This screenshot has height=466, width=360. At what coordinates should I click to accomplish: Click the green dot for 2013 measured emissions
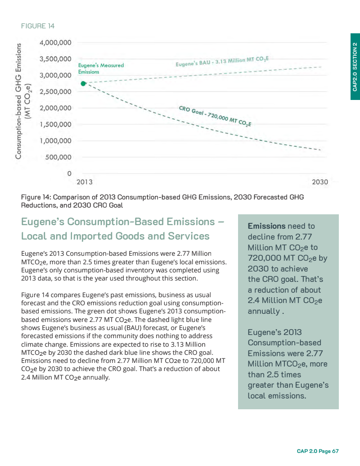83,83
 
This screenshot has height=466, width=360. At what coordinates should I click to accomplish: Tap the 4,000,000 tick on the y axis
55,43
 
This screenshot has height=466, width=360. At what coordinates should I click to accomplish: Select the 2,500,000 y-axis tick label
55,92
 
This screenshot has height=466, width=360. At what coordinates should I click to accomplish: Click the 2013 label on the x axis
85,182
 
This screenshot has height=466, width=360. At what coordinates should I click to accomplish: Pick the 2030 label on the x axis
320,182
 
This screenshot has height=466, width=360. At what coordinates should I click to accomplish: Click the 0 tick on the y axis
69,173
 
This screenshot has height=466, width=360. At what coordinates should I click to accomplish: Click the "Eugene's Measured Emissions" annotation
101,68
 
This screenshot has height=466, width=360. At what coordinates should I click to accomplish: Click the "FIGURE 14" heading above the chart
38,26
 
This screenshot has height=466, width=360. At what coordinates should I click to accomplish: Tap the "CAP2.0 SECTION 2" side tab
355,67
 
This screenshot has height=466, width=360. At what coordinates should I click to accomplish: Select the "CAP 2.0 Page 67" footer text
317,451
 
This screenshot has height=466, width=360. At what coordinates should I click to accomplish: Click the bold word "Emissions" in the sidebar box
266,226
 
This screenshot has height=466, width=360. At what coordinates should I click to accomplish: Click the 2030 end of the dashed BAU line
321,67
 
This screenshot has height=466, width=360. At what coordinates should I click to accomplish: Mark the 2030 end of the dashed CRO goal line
320,150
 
